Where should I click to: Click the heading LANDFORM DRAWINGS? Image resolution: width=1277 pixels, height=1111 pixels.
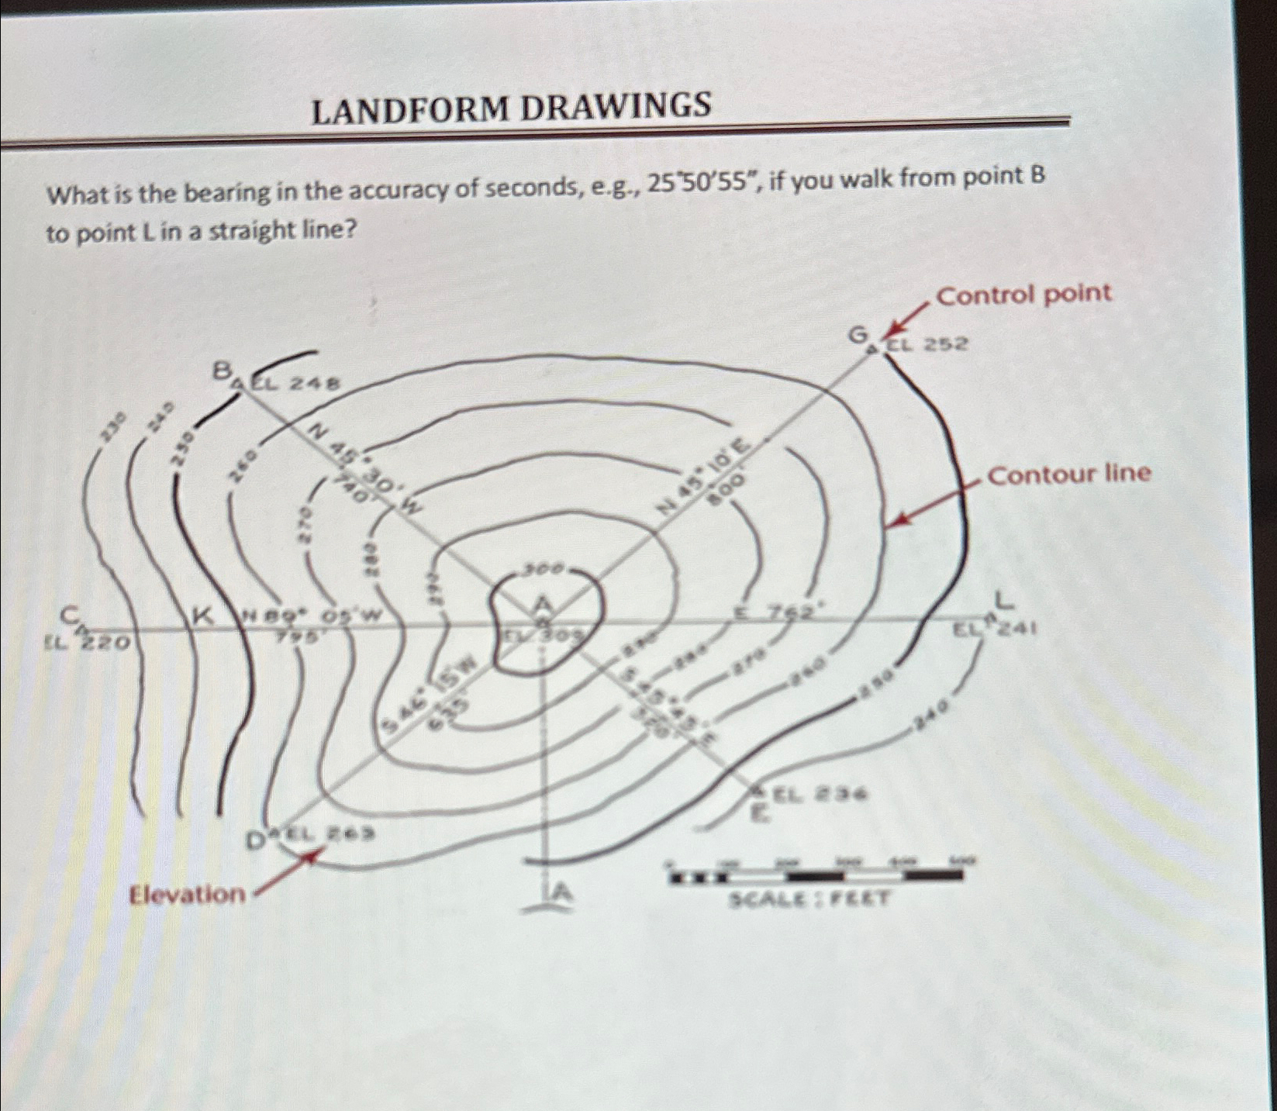coord(511,109)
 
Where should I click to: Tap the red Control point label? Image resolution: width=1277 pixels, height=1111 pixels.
coord(1024,295)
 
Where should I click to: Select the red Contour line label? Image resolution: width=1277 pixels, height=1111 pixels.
coord(1069,474)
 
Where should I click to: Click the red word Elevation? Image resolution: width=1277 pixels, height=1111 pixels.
coord(188,895)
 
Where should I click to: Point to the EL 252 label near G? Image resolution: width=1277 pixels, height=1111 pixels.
coord(928,344)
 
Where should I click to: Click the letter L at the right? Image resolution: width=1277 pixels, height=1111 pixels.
coord(1004,599)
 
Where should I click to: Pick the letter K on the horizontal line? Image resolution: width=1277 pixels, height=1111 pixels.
coord(203,616)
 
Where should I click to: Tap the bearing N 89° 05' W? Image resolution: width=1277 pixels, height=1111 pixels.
coord(312,617)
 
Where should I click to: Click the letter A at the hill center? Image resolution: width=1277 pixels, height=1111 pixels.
coord(544,602)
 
